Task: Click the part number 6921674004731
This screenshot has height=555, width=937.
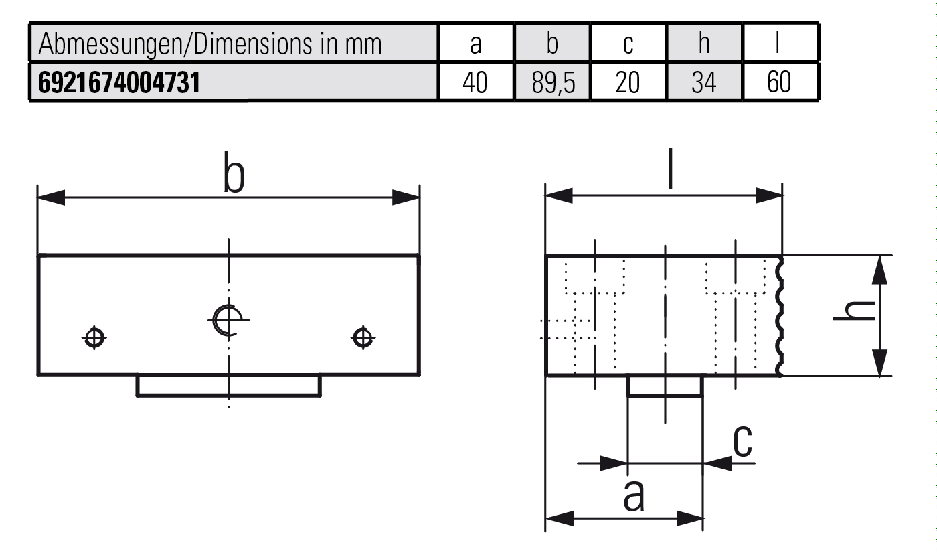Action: (119, 82)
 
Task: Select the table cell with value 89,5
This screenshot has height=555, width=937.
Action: (553, 82)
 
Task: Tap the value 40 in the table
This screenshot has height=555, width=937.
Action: (475, 82)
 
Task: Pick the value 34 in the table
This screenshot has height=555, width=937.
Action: (704, 82)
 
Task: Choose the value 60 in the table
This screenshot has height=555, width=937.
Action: (779, 82)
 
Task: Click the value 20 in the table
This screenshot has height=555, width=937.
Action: (628, 82)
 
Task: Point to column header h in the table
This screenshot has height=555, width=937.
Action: (704, 43)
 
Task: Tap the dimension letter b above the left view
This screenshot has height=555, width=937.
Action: (234, 173)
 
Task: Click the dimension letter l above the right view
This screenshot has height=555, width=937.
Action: (670, 168)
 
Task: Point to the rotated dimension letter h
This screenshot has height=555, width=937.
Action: (855, 311)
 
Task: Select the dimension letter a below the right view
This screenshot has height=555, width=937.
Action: (634, 496)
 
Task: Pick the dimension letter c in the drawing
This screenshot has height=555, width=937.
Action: (742, 441)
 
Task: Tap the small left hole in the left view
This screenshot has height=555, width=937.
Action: (94, 338)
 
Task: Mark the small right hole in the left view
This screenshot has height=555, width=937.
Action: (363, 338)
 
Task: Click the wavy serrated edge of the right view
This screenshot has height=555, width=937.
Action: (779, 315)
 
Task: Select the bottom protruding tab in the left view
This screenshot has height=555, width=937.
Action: (229, 386)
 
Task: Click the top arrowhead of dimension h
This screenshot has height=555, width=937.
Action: (879, 270)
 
